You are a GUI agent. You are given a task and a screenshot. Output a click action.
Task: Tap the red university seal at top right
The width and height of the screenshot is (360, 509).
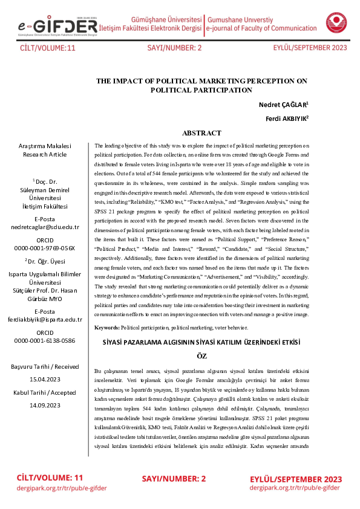(336, 23)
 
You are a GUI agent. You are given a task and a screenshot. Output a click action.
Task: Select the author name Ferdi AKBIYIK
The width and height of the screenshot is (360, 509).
(287, 118)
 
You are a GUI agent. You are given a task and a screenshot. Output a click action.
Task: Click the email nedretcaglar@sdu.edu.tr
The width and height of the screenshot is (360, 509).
(45, 227)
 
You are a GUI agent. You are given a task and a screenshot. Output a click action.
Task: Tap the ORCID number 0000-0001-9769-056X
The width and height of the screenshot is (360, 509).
(45, 248)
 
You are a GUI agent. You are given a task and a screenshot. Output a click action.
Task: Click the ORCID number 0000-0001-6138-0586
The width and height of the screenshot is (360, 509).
(45, 340)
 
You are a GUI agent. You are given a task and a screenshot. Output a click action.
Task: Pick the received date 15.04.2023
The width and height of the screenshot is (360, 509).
(45, 379)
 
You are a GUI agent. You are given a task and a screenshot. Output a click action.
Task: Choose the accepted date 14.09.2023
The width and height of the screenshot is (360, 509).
(45, 406)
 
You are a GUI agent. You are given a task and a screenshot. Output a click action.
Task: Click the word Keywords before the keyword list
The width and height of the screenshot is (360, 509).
(107, 327)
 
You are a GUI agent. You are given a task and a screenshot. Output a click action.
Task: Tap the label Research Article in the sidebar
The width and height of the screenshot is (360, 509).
(45, 154)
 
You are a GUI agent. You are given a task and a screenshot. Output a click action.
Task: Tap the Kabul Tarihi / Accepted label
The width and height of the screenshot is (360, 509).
(45, 392)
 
